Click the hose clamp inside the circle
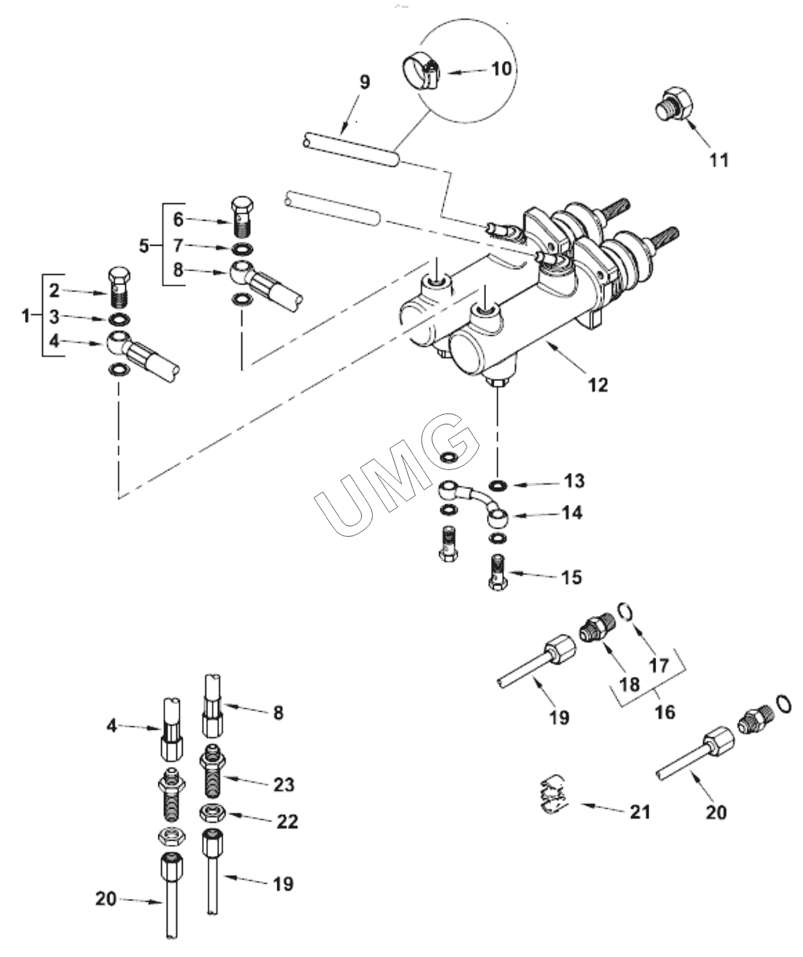tap(420, 73)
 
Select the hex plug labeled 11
tap(672, 103)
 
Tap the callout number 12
tap(598, 385)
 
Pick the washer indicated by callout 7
tap(242, 249)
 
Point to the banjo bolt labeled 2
tap(119, 287)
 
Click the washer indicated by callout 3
tap(119, 319)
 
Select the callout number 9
tap(364, 83)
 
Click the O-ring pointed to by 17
tap(627, 610)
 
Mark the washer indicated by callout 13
tap(498, 485)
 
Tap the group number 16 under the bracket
tap(665, 712)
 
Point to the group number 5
tap(144, 246)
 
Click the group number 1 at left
tap(26, 316)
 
